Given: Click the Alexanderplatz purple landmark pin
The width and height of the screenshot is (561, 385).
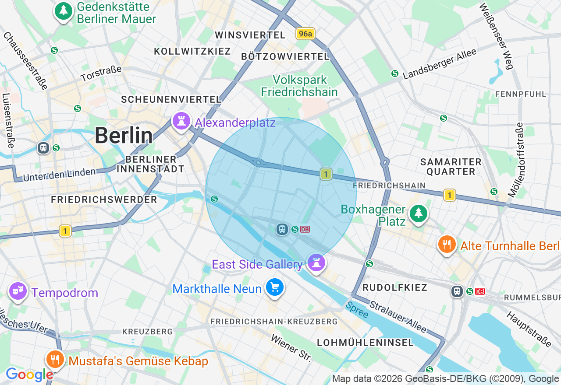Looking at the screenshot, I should click(x=181, y=121).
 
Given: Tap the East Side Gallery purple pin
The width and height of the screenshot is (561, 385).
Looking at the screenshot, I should click(x=316, y=262).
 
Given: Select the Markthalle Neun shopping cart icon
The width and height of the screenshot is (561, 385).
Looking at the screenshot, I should click(x=275, y=288).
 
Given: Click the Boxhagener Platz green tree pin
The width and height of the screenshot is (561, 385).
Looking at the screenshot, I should click(x=419, y=213).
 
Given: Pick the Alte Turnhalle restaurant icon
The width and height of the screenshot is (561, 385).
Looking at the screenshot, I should click(x=447, y=245).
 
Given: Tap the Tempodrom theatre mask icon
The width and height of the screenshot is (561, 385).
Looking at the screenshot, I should click(x=18, y=291).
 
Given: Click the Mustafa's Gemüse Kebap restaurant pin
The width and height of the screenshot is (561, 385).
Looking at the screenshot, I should click(x=55, y=359).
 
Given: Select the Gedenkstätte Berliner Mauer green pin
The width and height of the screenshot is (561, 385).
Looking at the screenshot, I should click(x=64, y=10).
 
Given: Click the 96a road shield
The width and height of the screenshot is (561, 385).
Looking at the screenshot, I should click(x=305, y=34).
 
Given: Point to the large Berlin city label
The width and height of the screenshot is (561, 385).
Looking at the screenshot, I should click(x=124, y=136).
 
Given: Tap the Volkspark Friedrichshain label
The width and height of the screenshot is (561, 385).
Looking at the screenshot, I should click(x=299, y=86).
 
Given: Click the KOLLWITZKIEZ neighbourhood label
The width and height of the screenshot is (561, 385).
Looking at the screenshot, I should click(x=192, y=51).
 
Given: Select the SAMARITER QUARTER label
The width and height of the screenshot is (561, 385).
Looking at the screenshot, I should click(x=451, y=167).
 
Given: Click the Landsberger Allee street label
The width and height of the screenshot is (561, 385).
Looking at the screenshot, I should click(x=439, y=64).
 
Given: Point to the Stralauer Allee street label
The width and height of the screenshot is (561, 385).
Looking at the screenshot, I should click(x=398, y=317).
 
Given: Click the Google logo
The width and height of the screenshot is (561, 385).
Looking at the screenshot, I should click(x=29, y=374).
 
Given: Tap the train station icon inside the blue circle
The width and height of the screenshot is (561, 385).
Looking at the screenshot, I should click(x=282, y=229).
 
